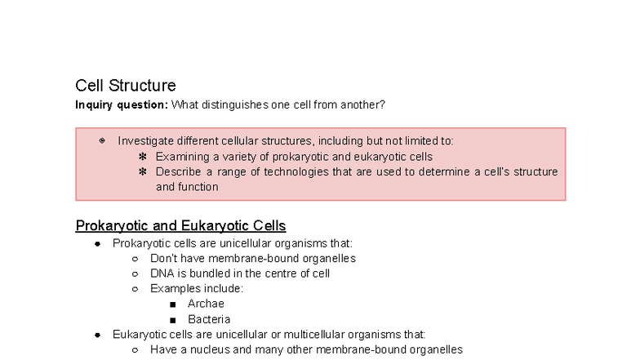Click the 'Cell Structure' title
click(125, 86)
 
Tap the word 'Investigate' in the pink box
click(144, 141)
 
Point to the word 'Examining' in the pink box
click(181, 157)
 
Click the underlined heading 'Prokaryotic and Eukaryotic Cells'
click(180, 225)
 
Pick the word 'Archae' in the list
click(206, 304)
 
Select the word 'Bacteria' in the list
click(209, 319)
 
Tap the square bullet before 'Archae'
click(172, 304)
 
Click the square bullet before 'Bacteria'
click(172, 320)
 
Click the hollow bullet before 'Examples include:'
click(136, 289)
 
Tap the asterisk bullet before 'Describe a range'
click(142, 171)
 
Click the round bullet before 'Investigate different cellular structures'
click(102, 141)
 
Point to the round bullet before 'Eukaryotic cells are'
click(97, 335)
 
